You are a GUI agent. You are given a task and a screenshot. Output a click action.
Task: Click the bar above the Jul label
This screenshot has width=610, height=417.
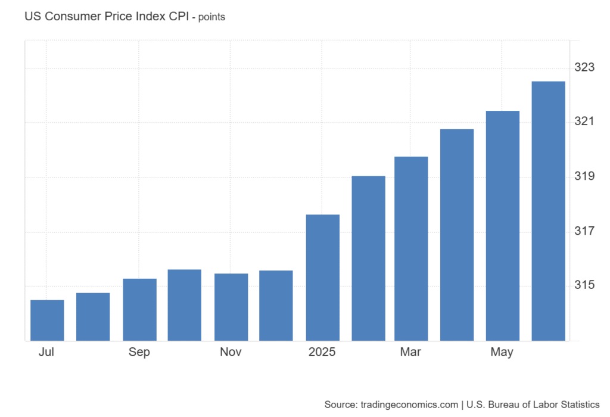pyautogui.click(x=47, y=320)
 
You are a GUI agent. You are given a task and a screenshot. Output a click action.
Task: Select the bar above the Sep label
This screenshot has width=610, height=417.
pyautogui.click(x=139, y=310)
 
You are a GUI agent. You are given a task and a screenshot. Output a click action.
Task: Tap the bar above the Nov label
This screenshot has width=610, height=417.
pyautogui.click(x=231, y=307)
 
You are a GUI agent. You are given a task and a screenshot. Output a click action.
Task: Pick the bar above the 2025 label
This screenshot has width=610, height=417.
pyautogui.click(x=323, y=278)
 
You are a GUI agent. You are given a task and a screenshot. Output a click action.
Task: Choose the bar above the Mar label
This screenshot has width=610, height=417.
pyautogui.click(x=411, y=249)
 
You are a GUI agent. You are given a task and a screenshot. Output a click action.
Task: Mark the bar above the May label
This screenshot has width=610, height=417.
pyautogui.click(x=503, y=226)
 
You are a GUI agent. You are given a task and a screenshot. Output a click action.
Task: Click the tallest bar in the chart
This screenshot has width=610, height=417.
pyautogui.click(x=548, y=211)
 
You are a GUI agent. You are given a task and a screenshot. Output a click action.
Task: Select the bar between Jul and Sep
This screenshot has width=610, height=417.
pyautogui.click(x=93, y=317)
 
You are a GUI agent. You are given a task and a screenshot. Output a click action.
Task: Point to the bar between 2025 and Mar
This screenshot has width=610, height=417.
pyautogui.click(x=368, y=259)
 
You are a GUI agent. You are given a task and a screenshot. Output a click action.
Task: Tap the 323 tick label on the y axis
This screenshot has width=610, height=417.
pyautogui.click(x=584, y=68)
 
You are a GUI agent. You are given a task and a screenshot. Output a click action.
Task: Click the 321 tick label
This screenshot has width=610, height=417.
pyautogui.click(x=584, y=122)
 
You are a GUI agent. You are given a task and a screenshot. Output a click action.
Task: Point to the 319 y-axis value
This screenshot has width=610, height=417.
pyautogui.click(x=584, y=177)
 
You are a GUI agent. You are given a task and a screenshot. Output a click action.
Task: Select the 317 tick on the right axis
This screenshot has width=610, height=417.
pyautogui.click(x=584, y=231)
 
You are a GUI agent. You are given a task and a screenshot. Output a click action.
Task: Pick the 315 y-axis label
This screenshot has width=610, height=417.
pyautogui.click(x=584, y=285)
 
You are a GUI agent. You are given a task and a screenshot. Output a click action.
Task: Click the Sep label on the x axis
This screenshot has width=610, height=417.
pyautogui.click(x=139, y=352)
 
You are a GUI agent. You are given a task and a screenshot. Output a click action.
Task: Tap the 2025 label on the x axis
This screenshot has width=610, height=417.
pyautogui.click(x=322, y=352)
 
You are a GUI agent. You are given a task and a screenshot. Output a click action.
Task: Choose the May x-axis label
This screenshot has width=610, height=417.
pyautogui.click(x=502, y=353)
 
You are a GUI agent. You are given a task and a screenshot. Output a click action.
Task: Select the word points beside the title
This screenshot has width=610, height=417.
pyautogui.click(x=211, y=17)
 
